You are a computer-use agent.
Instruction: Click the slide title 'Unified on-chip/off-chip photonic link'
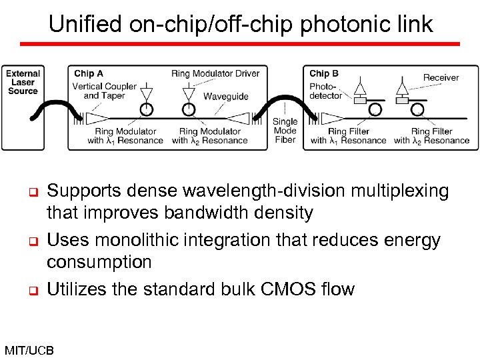coord(241,24)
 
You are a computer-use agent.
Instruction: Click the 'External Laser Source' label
coord(23,82)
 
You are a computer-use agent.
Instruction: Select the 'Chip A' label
coord(88,73)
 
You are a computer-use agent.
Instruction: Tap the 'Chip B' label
coord(323,73)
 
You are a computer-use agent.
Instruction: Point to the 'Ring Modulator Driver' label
coord(215,73)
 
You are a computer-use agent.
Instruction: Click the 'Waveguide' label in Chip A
coord(225,97)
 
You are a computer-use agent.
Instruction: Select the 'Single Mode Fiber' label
coord(285,131)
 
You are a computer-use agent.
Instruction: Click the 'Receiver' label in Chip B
coord(441,77)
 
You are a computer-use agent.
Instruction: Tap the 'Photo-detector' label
coord(325,91)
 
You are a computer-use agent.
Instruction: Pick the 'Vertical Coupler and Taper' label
coord(105,91)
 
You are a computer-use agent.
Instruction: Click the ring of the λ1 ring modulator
coord(146,109)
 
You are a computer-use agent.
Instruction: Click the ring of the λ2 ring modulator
coord(189,109)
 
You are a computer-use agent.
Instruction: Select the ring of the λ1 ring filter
coord(375,109)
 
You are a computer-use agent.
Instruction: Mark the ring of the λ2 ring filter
coord(419,109)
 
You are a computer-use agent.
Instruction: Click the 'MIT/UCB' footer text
coord(29,350)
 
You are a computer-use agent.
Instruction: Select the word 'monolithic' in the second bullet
coord(149,240)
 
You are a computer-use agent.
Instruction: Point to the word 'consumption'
coord(99,262)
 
